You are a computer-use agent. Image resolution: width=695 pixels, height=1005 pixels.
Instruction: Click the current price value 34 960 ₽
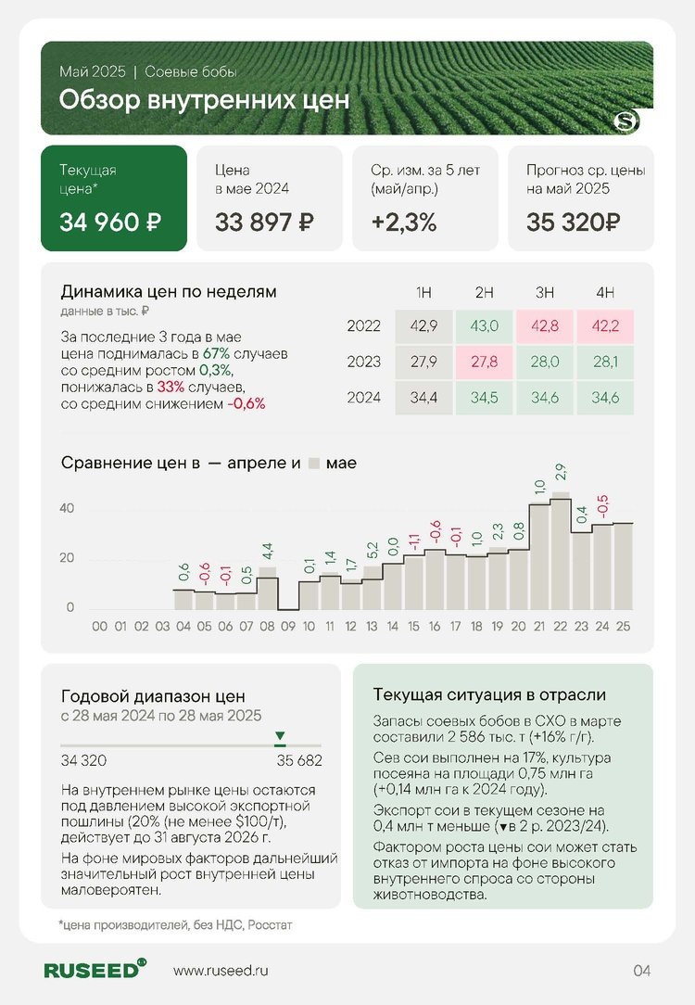(111, 223)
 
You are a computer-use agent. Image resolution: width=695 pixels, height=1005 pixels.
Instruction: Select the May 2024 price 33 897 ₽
(264, 223)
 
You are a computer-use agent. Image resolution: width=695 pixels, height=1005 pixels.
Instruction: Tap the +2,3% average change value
(403, 223)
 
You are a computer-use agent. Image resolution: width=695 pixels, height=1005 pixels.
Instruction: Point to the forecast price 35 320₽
(574, 223)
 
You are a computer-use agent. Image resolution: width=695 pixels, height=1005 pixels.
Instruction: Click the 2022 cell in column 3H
(545, 325)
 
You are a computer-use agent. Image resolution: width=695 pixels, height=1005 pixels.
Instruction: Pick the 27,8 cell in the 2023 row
(484, 361)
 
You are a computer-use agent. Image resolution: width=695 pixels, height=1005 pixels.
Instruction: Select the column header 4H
(605, 293)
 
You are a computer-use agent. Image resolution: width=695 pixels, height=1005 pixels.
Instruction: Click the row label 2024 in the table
(363, 397)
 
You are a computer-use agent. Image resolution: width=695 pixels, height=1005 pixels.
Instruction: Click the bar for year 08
(267, 592)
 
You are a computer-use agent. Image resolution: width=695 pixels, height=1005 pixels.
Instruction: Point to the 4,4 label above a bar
(267, 553)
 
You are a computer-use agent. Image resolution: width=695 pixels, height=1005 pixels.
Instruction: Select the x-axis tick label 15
(413, 627)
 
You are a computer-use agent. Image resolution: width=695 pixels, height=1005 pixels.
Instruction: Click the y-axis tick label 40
(67, 509)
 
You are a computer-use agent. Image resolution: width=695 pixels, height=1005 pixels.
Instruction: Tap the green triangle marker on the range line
(280, 736)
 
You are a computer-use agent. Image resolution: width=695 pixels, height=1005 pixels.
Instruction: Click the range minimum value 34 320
(83, 761)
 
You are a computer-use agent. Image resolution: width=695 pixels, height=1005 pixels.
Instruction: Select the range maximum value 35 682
(299, 761)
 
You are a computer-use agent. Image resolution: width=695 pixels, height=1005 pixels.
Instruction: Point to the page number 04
(642, 971)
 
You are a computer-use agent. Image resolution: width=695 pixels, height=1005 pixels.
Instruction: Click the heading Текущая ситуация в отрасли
(488, 694)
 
